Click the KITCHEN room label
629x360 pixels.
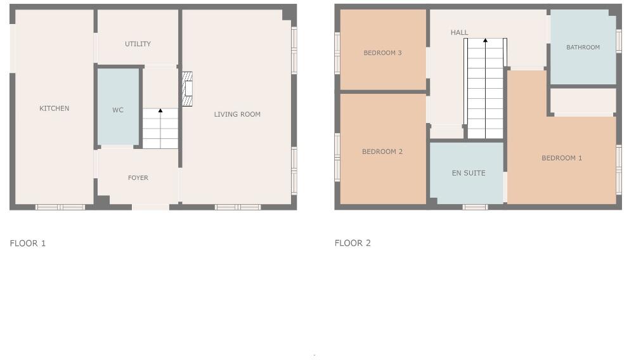click(55, 108)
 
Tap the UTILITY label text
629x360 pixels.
click(138, 44)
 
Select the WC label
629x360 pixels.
click(118, 110)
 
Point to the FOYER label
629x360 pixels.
click(138, 178)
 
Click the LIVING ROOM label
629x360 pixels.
click(237, 115)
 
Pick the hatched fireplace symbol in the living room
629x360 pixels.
click(187, 89)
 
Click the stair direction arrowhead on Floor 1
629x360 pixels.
click(160, 111)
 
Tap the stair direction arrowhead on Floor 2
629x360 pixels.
click(486, 41)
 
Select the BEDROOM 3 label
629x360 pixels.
click(382, 53)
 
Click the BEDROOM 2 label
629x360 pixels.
click(382, 152)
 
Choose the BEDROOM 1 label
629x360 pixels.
click(562, 158)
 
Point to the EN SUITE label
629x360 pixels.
click(469, 173)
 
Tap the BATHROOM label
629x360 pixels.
click(583, 48)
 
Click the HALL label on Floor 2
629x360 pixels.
click(460, 33)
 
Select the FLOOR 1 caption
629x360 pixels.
click(28, 243)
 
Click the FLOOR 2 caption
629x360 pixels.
click(353, 243)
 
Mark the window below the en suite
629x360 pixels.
click(475, 207)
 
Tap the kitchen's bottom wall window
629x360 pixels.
click(60, 207)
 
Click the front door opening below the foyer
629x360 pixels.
click(150, 207)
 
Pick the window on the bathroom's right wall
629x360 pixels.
click(618, 39)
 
